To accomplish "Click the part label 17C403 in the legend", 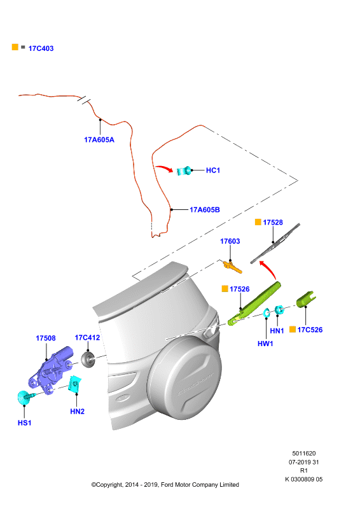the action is pos(41,48).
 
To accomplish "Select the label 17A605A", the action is pos(99,140).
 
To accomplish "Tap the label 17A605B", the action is pos(205,210).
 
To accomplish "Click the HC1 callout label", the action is pos(213,170).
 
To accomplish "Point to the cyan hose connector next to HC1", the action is pos(184,171).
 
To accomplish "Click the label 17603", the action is pos(230,241).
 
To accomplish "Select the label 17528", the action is pos(273,222).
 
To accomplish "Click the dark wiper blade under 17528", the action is pos(275,243).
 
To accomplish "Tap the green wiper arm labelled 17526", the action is pos(254,303).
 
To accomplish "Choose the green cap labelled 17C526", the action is pos(306,299).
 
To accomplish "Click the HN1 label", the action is pos(277,331).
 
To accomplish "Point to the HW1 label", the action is pos(265,344).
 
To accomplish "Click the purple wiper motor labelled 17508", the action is pos(52,371).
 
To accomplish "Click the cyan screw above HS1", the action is pos(25,397).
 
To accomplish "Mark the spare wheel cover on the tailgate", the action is pos(184,377).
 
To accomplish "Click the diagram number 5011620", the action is pos(304,454).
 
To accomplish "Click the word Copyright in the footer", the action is pos(109,485).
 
